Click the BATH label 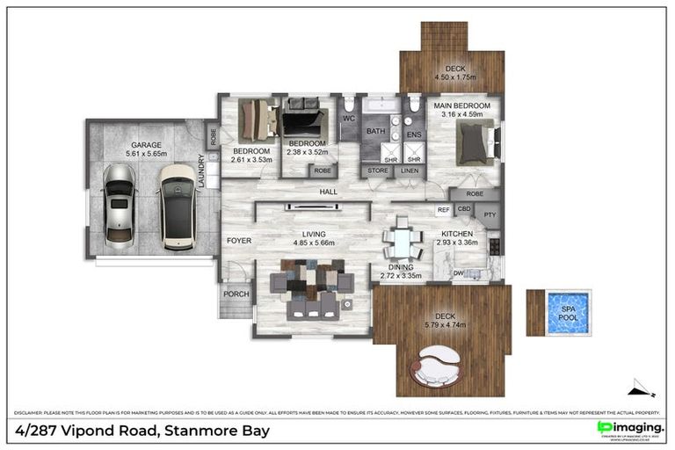(x=376, y=132)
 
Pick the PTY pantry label (x=490, y=214)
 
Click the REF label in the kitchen (x=443, y=210)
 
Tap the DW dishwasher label (x=458, y=273)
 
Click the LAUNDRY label (x=203, y=171)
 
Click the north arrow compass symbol (x=643, y=388)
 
